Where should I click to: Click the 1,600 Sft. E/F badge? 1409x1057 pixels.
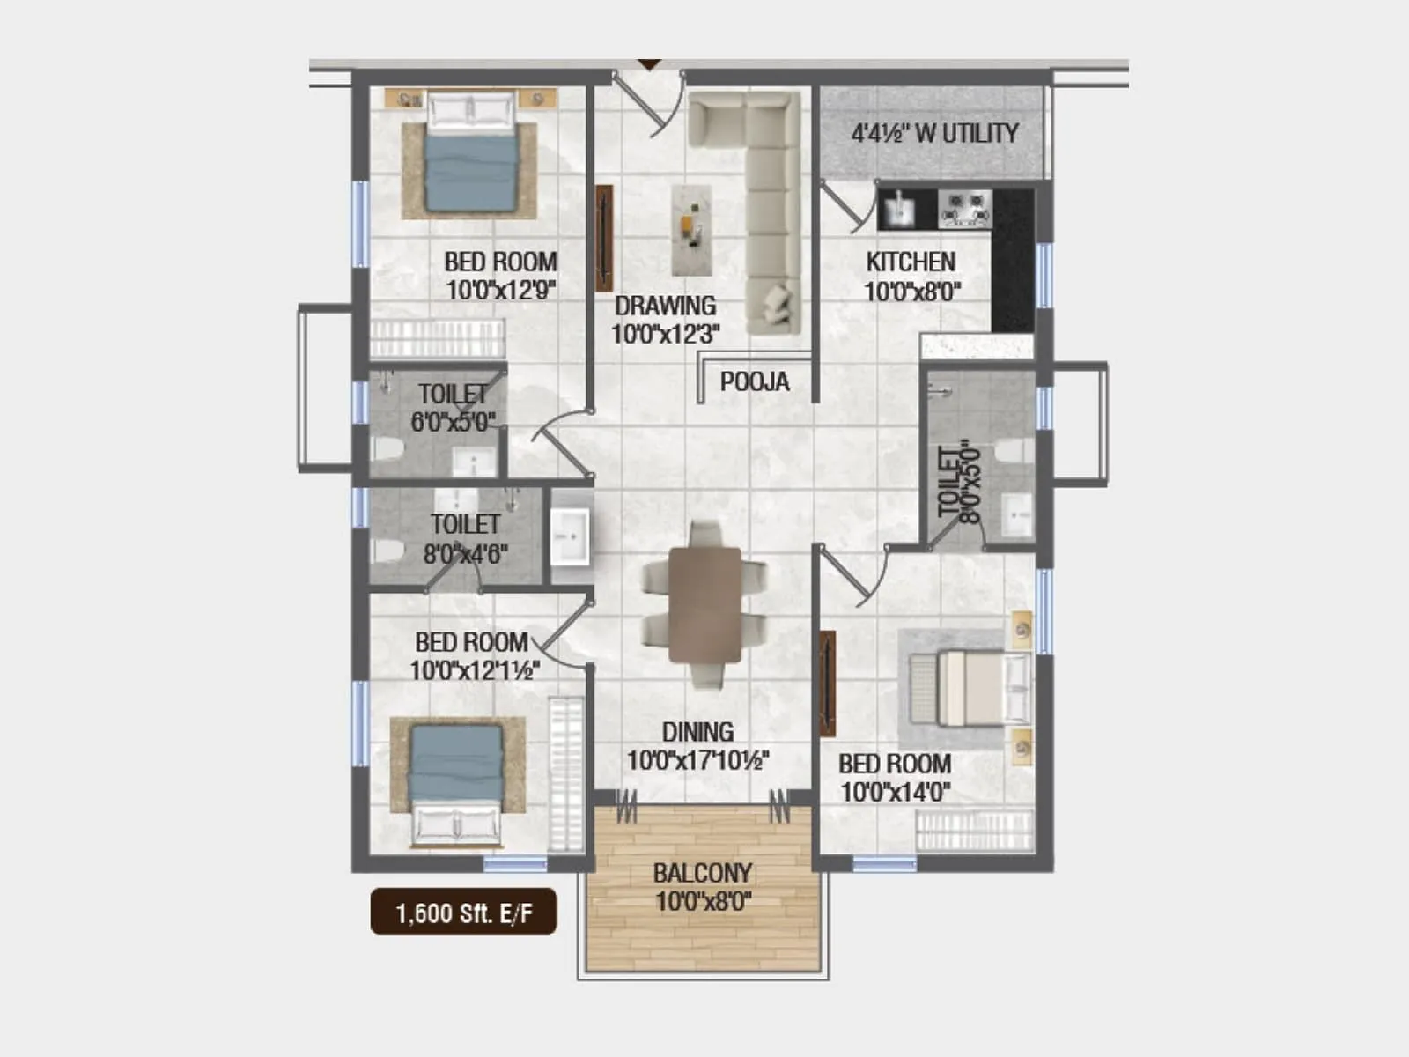(x=463, y=913)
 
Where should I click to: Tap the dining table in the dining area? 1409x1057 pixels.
(x=704, y=604)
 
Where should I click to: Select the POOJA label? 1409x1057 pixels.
(x=754, y=381)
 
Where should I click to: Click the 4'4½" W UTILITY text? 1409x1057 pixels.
(x=934, y=133)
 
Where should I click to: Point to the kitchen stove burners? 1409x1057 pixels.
(x=965, y=209)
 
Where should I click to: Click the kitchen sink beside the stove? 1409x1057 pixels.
(x=898, y=210)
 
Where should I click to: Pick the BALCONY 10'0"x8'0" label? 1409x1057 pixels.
(x=703, y=887)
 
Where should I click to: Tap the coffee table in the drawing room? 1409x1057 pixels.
(x=692, y=229)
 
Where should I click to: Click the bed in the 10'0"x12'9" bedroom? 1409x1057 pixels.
(x=470, y=154)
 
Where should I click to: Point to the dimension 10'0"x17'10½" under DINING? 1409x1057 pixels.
(x=697, y=760)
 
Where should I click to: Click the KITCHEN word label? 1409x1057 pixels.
(x=911, y=262)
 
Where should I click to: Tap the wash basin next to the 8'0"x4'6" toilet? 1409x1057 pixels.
(x=570, y=536)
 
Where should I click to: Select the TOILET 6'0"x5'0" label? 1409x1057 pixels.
(x=453, y=407)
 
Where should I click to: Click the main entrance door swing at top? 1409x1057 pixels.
(x=653, y=106)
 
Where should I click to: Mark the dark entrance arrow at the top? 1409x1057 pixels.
(x=649, y=64)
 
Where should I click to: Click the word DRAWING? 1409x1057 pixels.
(x=665, y=306)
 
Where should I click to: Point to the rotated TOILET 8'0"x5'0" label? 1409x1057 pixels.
(x=958, y=483)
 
